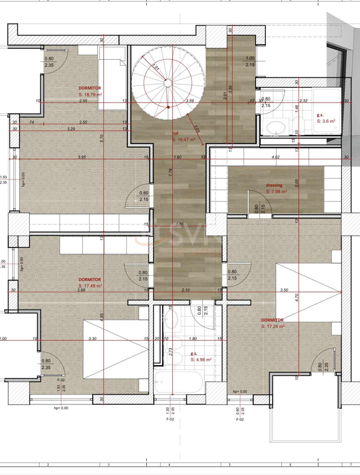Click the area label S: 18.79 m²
(90, 95)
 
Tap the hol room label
(175, 133)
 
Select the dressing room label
(274, 185)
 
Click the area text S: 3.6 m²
(326, 121)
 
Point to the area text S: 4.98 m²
(201, 360)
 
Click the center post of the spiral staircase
(167, 83)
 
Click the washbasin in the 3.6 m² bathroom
(276, 128)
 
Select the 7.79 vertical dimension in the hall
(171, 172)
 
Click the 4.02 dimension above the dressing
(275, 157)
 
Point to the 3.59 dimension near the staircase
(190, 101)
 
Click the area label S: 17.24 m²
(273, 326)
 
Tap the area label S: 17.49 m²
(90, 286)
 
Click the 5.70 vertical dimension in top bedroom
(102, 138)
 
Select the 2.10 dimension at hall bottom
(186, 290)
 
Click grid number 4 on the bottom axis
(169, 465)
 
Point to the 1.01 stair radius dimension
(155, 67)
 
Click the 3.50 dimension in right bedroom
(284, 290)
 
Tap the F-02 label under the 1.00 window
(170, 419)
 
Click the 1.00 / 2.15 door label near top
(250, 61)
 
